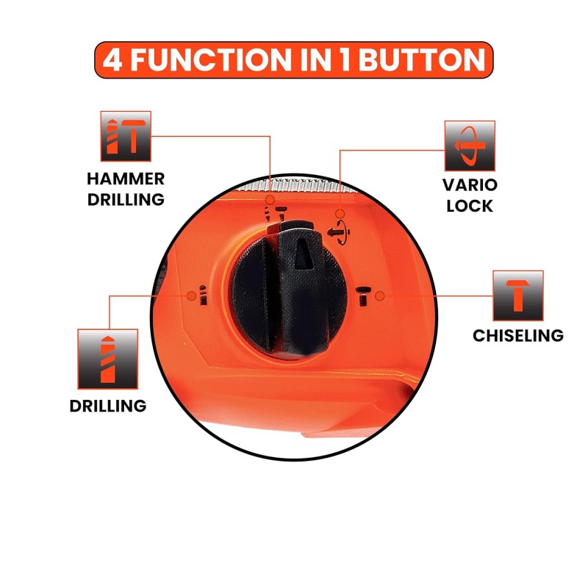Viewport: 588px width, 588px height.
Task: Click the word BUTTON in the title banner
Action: [x=422, y=60]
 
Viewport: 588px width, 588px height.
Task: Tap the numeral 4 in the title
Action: [x=112, y=60]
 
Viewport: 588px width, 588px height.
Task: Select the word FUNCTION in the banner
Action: [x=211, y=60]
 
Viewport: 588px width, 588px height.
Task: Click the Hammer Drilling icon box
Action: [x=126, y=136]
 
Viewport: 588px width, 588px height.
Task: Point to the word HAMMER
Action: [x=126, y=179]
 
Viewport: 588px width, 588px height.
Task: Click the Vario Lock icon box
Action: [x=470, y=146]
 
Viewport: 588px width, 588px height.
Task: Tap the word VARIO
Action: [x=470, y=185]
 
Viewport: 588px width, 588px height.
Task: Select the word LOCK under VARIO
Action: [x=470, y=206]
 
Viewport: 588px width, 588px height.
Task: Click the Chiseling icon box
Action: [x=518, y=295]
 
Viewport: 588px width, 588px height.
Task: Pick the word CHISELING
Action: [x=518, y=336]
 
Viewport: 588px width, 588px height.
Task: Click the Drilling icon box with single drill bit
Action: [x=107, y=359]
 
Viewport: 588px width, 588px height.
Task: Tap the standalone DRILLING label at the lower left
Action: [x=108, y=406]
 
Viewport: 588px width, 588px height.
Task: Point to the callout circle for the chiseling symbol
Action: [x=379, y=296]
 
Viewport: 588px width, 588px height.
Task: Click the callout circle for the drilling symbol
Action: [x=191, y=296]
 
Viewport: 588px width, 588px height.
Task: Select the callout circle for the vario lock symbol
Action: [x=340, y=214]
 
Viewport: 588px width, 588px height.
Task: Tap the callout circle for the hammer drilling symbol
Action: [x=270, y=199]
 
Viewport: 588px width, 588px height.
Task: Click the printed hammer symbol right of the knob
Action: [x=363, y=296]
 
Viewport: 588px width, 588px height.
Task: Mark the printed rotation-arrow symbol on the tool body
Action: [x=339, y=232]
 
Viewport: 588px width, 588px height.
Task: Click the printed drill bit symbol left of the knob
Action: [x=203, y=295]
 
